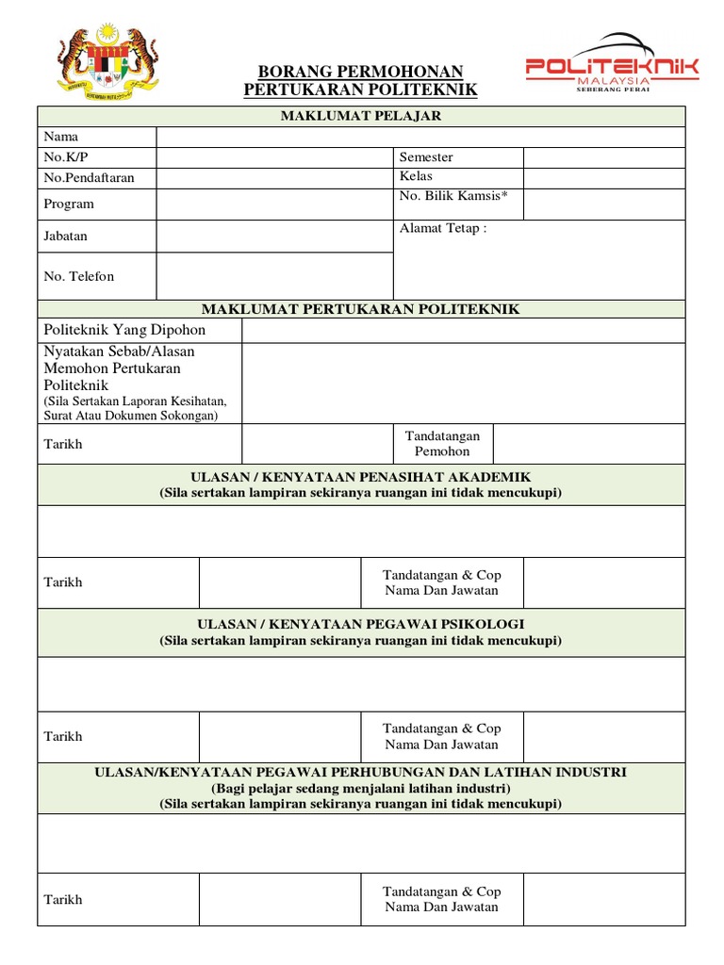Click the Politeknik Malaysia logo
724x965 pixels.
click(x=612, y=65)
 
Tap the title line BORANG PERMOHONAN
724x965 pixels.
click(x=360, y=72)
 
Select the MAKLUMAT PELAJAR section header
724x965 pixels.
click(x=360, y=116)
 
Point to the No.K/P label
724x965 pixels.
click(x=63, y=157)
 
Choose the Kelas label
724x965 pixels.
click(x=416, y=176)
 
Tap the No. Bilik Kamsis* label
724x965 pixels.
click(x=453, y=195)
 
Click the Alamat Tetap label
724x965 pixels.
click(x=443, y=229)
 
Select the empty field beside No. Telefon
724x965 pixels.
click(x=274, y=276)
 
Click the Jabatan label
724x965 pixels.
click(x=66, y=236)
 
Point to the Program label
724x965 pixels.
click(x=69, y=204)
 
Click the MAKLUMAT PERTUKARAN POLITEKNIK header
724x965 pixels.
click(x=360, y=309)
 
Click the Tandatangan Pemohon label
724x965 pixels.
click(x=442, y=444)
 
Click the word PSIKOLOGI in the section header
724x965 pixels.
click(x=482, y=624)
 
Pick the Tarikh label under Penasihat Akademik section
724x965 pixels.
click(x=63, y=582)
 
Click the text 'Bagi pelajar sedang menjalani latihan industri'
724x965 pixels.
click(x=360, y=788)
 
